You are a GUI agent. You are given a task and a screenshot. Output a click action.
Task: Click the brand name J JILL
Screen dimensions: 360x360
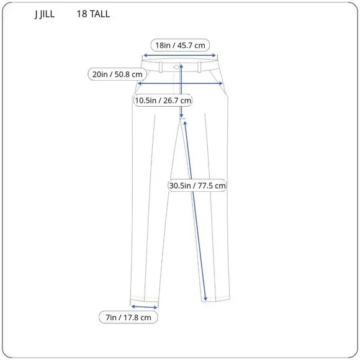click(44, 14)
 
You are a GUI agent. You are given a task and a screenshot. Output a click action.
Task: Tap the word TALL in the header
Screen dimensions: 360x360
click(99, 14)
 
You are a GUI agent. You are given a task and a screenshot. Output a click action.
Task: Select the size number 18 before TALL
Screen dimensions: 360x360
click(82, 14)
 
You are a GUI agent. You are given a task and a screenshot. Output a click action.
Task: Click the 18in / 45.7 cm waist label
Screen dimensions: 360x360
click(180, 45)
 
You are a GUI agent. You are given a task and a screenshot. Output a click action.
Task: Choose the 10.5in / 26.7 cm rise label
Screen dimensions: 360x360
click(163, 100)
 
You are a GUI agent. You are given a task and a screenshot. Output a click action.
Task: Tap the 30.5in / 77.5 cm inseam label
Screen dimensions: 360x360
click(197, 185)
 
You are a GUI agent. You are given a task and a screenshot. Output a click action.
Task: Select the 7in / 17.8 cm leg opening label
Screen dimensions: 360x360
click(128, 317)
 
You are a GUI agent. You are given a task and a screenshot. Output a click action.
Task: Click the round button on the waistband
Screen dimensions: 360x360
click(177, 66)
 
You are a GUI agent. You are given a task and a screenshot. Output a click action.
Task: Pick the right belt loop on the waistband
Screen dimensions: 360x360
click(199, 66)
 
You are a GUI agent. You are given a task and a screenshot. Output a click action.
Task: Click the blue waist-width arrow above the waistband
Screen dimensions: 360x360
click(180, 55)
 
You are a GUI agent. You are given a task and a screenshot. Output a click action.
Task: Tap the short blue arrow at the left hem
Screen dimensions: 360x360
click(144, 305)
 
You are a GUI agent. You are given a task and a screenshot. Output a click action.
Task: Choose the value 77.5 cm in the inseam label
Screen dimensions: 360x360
click(212, 185)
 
